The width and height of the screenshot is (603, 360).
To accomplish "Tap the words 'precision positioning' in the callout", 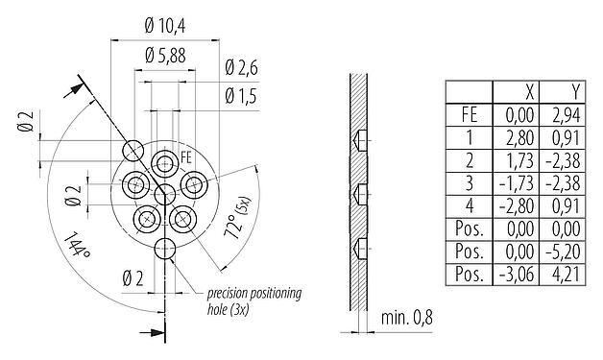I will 253,292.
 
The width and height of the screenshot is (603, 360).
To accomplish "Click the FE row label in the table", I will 470,113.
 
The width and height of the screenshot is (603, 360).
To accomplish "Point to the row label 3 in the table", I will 470,182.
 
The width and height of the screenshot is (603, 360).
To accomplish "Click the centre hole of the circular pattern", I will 164,194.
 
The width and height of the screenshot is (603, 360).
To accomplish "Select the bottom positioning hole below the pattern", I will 164,249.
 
